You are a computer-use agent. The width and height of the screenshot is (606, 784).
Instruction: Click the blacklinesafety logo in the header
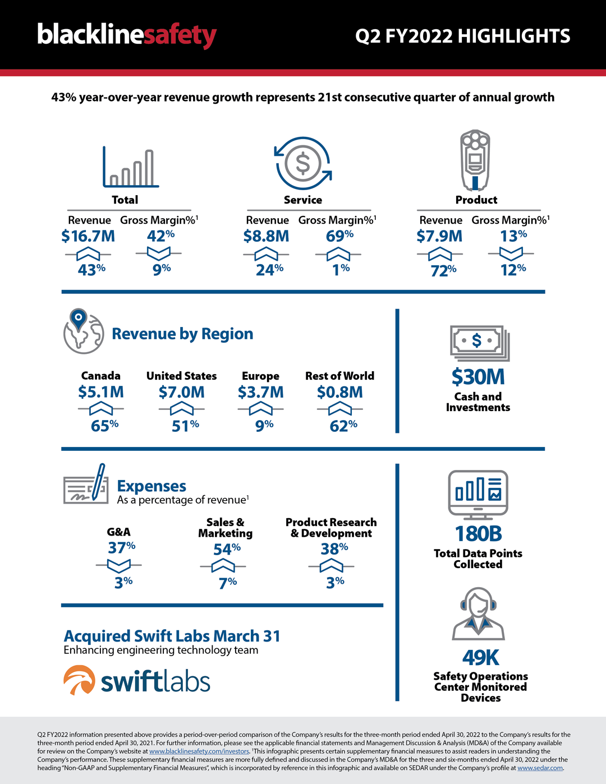click(x=127, y=35)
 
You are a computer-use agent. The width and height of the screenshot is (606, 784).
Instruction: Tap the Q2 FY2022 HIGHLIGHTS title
click(x=462, y=36)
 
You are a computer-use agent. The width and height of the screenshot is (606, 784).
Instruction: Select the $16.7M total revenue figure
click(x=88, y=236)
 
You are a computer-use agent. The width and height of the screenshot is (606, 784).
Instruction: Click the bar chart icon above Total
click(x=130, y=168)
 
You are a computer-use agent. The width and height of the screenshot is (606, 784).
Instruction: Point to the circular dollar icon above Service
click(x=302, y=163)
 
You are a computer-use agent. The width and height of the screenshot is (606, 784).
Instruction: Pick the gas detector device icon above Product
click(x=475, y=160)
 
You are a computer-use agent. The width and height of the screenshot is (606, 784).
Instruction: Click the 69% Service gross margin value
click(x=339, y=236)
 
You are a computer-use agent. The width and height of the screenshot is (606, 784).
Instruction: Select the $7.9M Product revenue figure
click(x=439, y=236)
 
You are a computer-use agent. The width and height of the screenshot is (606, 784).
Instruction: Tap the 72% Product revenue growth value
click(x=443, y=271)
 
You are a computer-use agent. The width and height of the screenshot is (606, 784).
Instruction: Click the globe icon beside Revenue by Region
click(x=83, y=331)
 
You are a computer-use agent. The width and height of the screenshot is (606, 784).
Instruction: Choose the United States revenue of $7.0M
click(x=181, y=392)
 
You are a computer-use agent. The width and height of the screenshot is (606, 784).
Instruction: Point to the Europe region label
click(x=260, y=376)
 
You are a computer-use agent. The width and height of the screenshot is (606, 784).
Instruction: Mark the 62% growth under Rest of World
click(x=343, y=426)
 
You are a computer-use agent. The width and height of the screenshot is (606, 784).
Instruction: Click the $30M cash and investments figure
click(x=478, y=377)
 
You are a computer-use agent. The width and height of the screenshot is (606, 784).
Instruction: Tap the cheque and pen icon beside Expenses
click(x=86, y=484)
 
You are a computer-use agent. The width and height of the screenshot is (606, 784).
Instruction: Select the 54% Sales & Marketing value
click(x=227, y=549)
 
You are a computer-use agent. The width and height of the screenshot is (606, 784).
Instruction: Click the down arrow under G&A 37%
click(x=118, y=565)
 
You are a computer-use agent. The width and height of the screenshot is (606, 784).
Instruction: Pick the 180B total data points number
click(x=478, y=533)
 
